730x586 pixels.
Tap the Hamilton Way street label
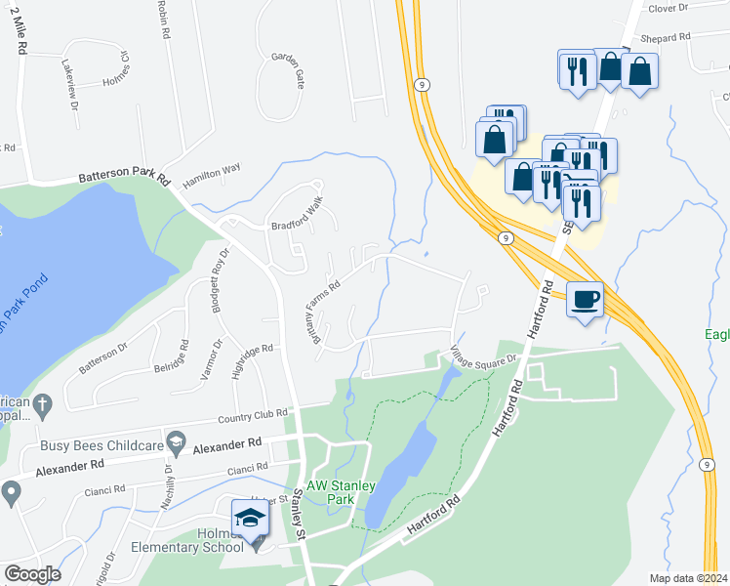tap(211, 168)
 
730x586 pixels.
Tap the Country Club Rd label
tap(254, 417)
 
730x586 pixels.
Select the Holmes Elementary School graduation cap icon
tap(250, 518)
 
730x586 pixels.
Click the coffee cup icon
tap(586, 299)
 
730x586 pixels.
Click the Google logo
tap(33, 573)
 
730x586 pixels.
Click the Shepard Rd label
tap(665, 37)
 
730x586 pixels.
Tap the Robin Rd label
tap(164, 19)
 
